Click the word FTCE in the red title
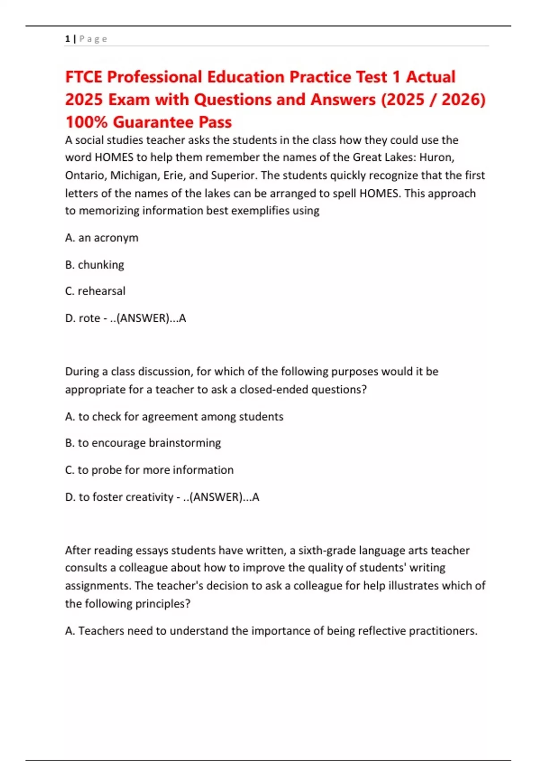[84, 77]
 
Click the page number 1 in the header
[68, 39]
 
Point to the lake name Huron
[436, 158]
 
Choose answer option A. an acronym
[102, 238]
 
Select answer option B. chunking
[94, 265]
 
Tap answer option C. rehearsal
[95, 291]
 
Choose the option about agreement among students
[174, 417]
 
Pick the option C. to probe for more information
[149, 470]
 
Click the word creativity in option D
[149, 497]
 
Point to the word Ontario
[85, 175]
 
